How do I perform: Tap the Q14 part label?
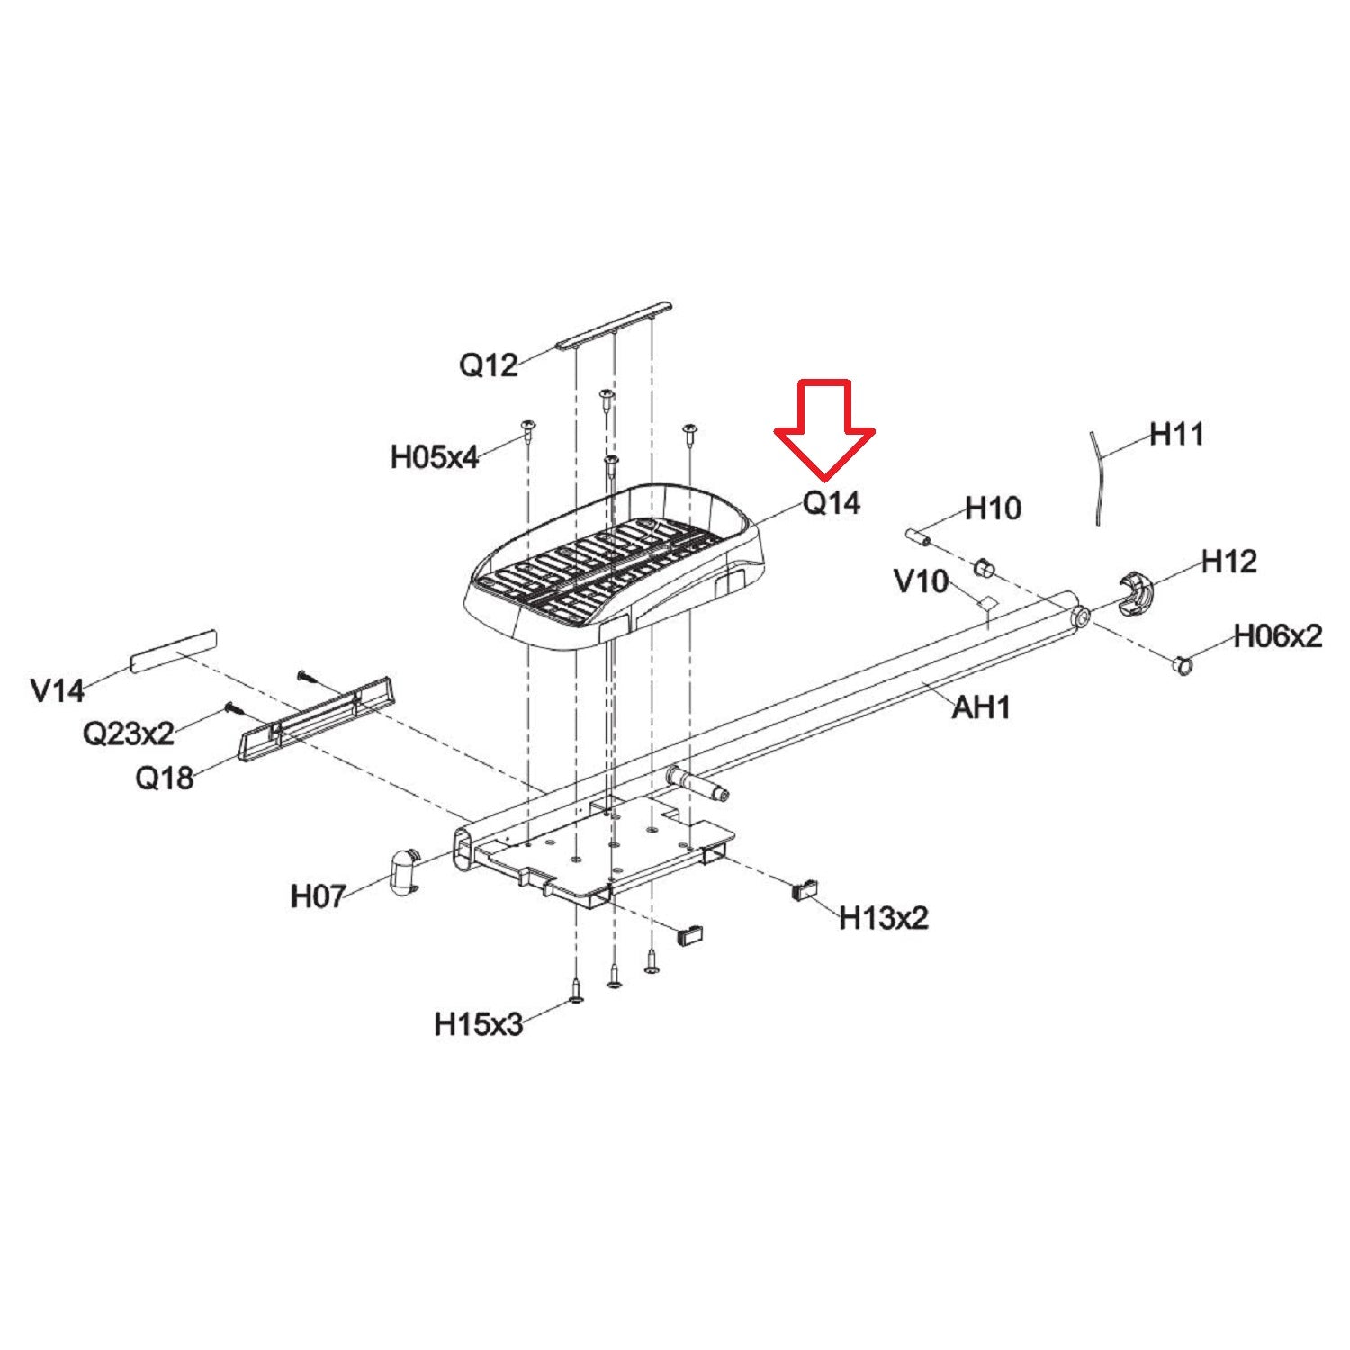point(831,502)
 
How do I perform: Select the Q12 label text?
point(489,364)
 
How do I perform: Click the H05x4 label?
point(434,456)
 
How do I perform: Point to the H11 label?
point(1177,434)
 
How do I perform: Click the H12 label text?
point(1229,562)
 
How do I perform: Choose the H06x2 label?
point(1278,636)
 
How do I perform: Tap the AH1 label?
point(981,706)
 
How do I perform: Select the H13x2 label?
point(884,918)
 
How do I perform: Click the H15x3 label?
point(478,1024)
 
